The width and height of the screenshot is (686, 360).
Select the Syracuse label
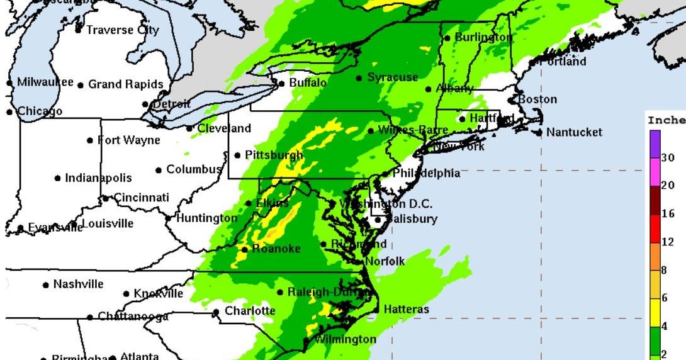393,77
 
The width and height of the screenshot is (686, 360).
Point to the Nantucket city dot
539,132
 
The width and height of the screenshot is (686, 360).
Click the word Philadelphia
426,173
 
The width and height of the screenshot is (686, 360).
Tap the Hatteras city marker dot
376,310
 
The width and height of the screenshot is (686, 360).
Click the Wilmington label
345,340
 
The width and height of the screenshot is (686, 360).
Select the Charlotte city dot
216,312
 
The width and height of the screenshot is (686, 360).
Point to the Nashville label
78,284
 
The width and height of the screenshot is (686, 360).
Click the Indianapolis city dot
58,178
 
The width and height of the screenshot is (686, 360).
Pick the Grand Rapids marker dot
81,84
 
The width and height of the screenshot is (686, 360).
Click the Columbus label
194,169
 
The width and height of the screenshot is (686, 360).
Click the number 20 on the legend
668,185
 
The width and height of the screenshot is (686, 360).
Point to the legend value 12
668,242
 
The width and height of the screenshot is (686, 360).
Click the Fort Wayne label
128,140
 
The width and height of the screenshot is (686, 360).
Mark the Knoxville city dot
126,294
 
